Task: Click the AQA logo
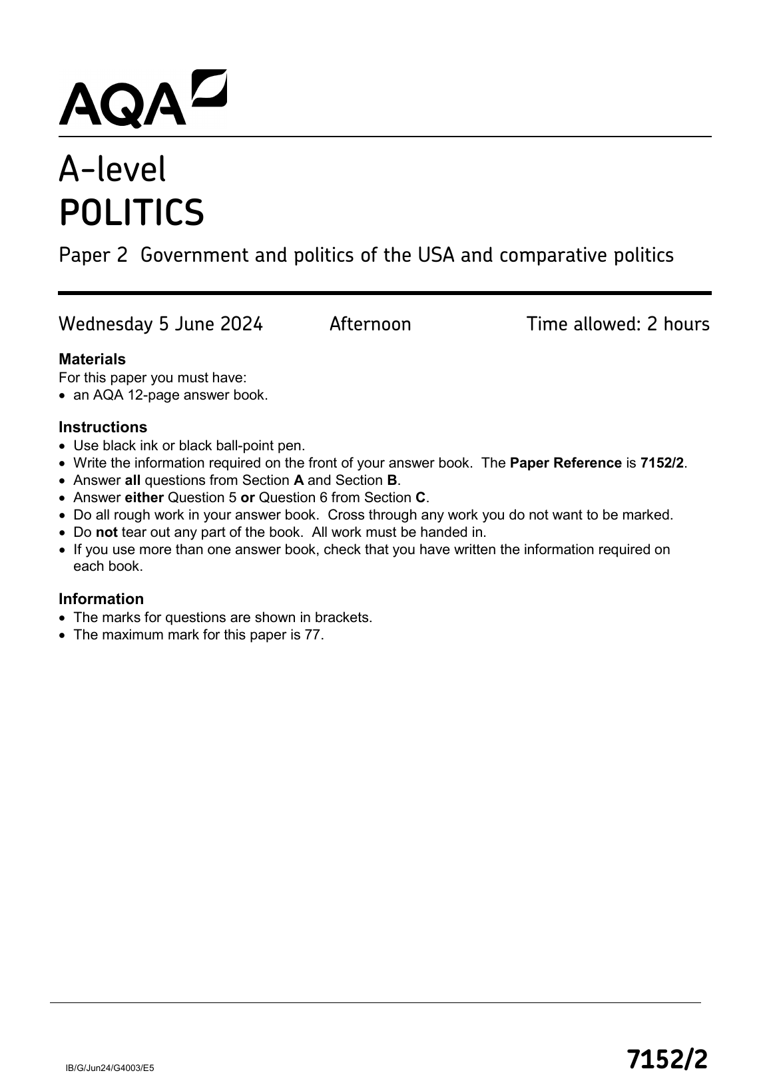click(x=142, y=98)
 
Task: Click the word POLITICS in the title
click(x=132, y=212)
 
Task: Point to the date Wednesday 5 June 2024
click(x=160, y=324)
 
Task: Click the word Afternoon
click(x=370, y=324)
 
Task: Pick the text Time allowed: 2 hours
click(x=618, y=324)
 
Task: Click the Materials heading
click(x=92, y=360)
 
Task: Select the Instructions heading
click(x=103, y=428)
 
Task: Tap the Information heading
click(x=101, y=599)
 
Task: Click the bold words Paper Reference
click(x=565, y=463)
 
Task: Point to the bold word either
click(x=144, y=498)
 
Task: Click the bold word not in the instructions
click(x=107, y=532)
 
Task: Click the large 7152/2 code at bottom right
click(x=667, y=1058)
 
